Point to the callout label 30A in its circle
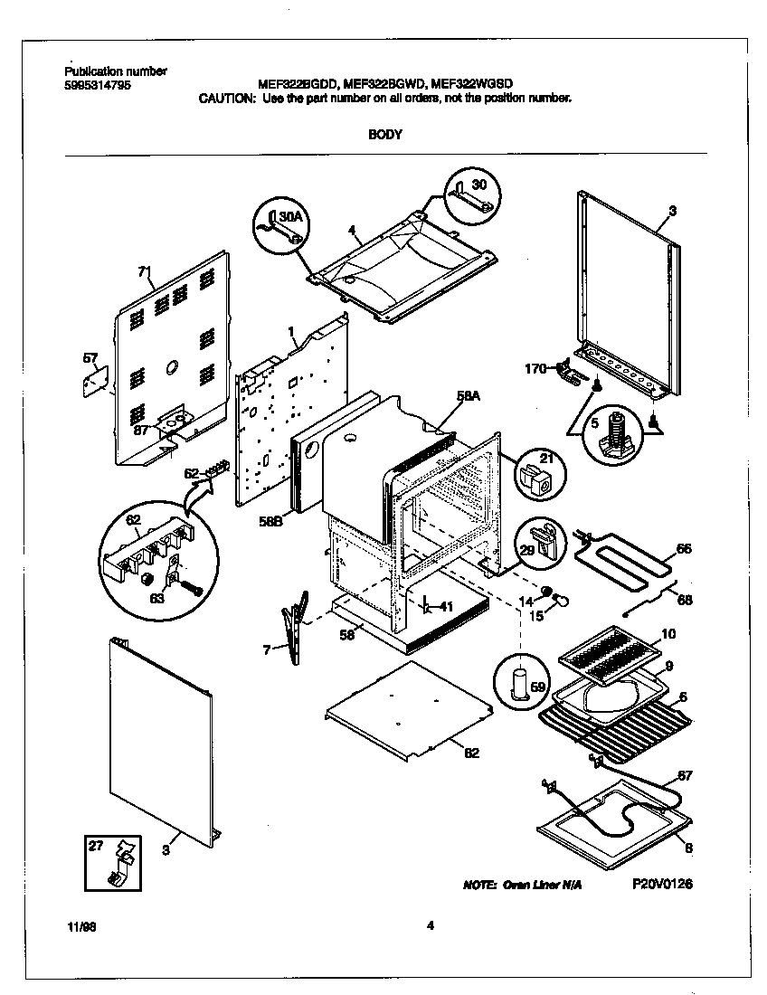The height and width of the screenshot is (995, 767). click(x=288, y=217)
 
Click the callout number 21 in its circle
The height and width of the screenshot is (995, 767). click(x=544, y=459)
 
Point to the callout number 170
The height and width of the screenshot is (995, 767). click(x=536, y=368)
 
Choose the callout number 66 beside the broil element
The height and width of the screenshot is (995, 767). click(x=684, y=548)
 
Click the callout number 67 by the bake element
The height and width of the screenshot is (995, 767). click(x=684, y=775)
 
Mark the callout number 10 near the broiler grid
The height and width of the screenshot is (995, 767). click(x=668, y=634)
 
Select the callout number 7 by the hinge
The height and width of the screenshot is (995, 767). click(x=268, y=649)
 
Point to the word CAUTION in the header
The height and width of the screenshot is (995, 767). click(x=226, y=98)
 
